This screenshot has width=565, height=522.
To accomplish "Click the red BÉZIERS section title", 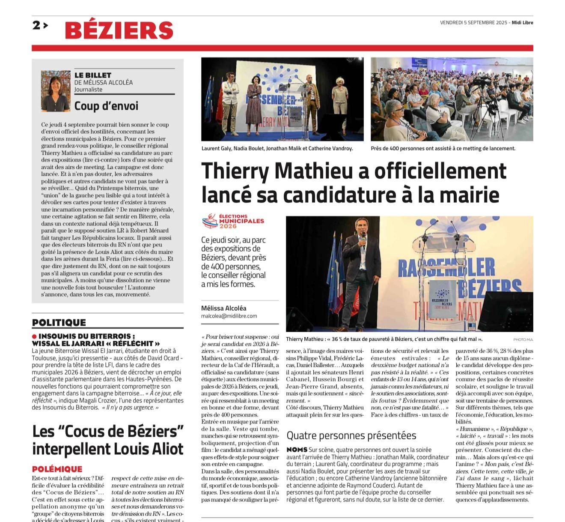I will click(119, 30).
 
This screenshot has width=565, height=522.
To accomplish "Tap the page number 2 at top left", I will click(36, 25).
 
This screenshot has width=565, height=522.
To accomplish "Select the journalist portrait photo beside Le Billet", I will click(55, 91).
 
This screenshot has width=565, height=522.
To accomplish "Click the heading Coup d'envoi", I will click(106, 106).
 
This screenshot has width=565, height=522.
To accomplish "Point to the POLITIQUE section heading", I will click(59, 323).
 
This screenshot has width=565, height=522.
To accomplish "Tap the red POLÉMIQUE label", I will click(57, 469).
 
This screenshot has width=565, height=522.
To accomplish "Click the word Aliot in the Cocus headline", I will click(165, 449).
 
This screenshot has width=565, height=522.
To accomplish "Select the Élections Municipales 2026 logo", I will click(233, 221).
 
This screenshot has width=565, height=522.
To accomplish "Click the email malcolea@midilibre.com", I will click(229, 316).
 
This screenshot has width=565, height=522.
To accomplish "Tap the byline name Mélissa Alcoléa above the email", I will click(223, 308).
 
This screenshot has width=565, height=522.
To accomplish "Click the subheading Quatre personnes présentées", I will click(351, 436).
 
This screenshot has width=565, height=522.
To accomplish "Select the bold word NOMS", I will click(297, 450).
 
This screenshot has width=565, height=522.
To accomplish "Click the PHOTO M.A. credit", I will click(523, 340).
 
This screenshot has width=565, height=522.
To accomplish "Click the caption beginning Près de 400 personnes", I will click(443, 148).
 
